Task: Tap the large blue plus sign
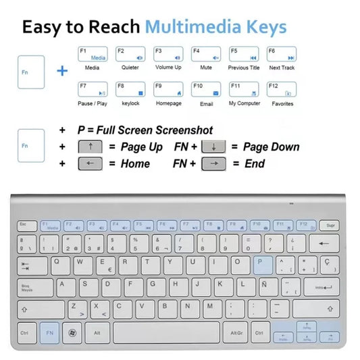pyautogui.click(x=62, y=70)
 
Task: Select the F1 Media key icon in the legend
pyautogui.click(x=93, y=55)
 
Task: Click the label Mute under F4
pyautogui.click(x=206, y=68)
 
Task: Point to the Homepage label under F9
pyautogui.click(x=168, y=104)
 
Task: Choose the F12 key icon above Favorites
pyautogui.click(x=282, y=90)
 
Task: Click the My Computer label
pyautogui.click(x=244, y=104)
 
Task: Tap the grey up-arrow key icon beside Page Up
pyautogui.click(x=91, y=147)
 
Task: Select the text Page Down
pyautogui.click(x=271, y=147)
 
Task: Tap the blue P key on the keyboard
pyautogui.click(x=263, y=265)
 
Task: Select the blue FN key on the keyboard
pyautogui.click(x=49, y=332)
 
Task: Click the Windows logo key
pyautogui.click(x=73, y=332)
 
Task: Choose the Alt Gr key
pyautogui.click(x=236, y=332)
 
